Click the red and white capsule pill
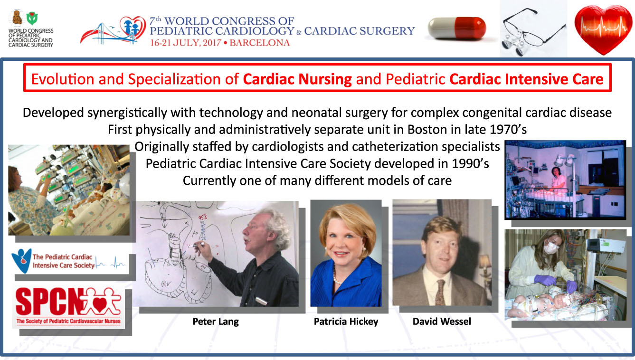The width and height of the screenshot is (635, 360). (x=457, y=28)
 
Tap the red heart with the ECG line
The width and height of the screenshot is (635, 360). (x=603, y=29)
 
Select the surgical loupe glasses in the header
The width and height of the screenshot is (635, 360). (x=533, y=31)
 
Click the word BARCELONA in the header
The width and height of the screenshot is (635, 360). (x=260, y=43)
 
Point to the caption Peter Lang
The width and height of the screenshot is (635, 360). (x=216, y=322)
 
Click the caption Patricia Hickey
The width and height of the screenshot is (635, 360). (x=346, y=322)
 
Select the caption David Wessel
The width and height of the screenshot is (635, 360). (x=442, y=322)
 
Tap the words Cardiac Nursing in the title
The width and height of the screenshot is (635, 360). (x=297, y=79)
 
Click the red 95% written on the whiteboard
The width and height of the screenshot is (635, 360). (x=203, y=218)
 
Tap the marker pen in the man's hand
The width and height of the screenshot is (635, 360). (x=197, y=245)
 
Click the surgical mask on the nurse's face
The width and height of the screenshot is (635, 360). (x=550, y=248)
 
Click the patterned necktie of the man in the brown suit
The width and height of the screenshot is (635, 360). (x=440, y=293)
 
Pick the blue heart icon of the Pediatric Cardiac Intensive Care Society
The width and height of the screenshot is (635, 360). (x=21, y=261)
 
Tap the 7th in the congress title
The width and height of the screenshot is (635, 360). (x=155, y=21)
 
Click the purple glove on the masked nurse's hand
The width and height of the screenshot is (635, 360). (x=545, y=280)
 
